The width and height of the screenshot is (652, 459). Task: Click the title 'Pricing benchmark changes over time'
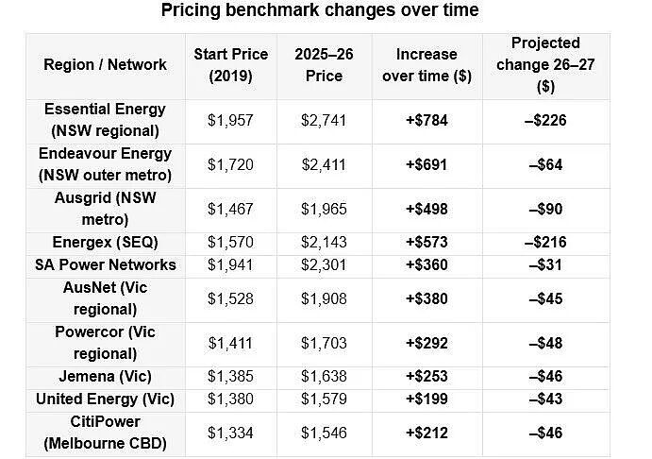point(320,10)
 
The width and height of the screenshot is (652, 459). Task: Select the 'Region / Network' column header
point(105,64)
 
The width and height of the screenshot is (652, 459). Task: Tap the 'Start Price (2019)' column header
point(231,65)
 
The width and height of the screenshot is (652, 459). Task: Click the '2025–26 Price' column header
point(324,65)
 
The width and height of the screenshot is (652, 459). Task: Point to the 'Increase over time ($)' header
point(426,65)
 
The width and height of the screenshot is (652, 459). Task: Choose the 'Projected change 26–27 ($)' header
point(545,64)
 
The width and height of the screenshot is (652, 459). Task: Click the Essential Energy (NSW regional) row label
point(105,120)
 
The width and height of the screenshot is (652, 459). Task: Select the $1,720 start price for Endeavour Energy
point(230,164)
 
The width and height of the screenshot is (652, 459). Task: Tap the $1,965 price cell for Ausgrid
point(324,209)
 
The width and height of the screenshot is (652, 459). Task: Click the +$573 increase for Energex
point(426,242)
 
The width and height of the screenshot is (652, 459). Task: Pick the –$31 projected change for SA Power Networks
point(545,264)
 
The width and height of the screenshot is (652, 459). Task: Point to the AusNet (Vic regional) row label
point(105,298)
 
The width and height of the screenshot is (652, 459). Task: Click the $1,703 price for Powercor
point(324,343)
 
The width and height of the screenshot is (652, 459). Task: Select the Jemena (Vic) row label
point(105,376)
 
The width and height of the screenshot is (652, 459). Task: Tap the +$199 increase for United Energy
point(426,399)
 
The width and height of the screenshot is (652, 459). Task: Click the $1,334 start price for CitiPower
point(230,433)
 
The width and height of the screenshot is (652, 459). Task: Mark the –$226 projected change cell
point(545,120)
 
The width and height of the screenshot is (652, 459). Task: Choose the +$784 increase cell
point(426,120)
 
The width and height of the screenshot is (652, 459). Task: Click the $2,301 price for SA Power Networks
point(324,264)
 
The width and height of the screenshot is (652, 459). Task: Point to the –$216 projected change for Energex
point(545,242)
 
